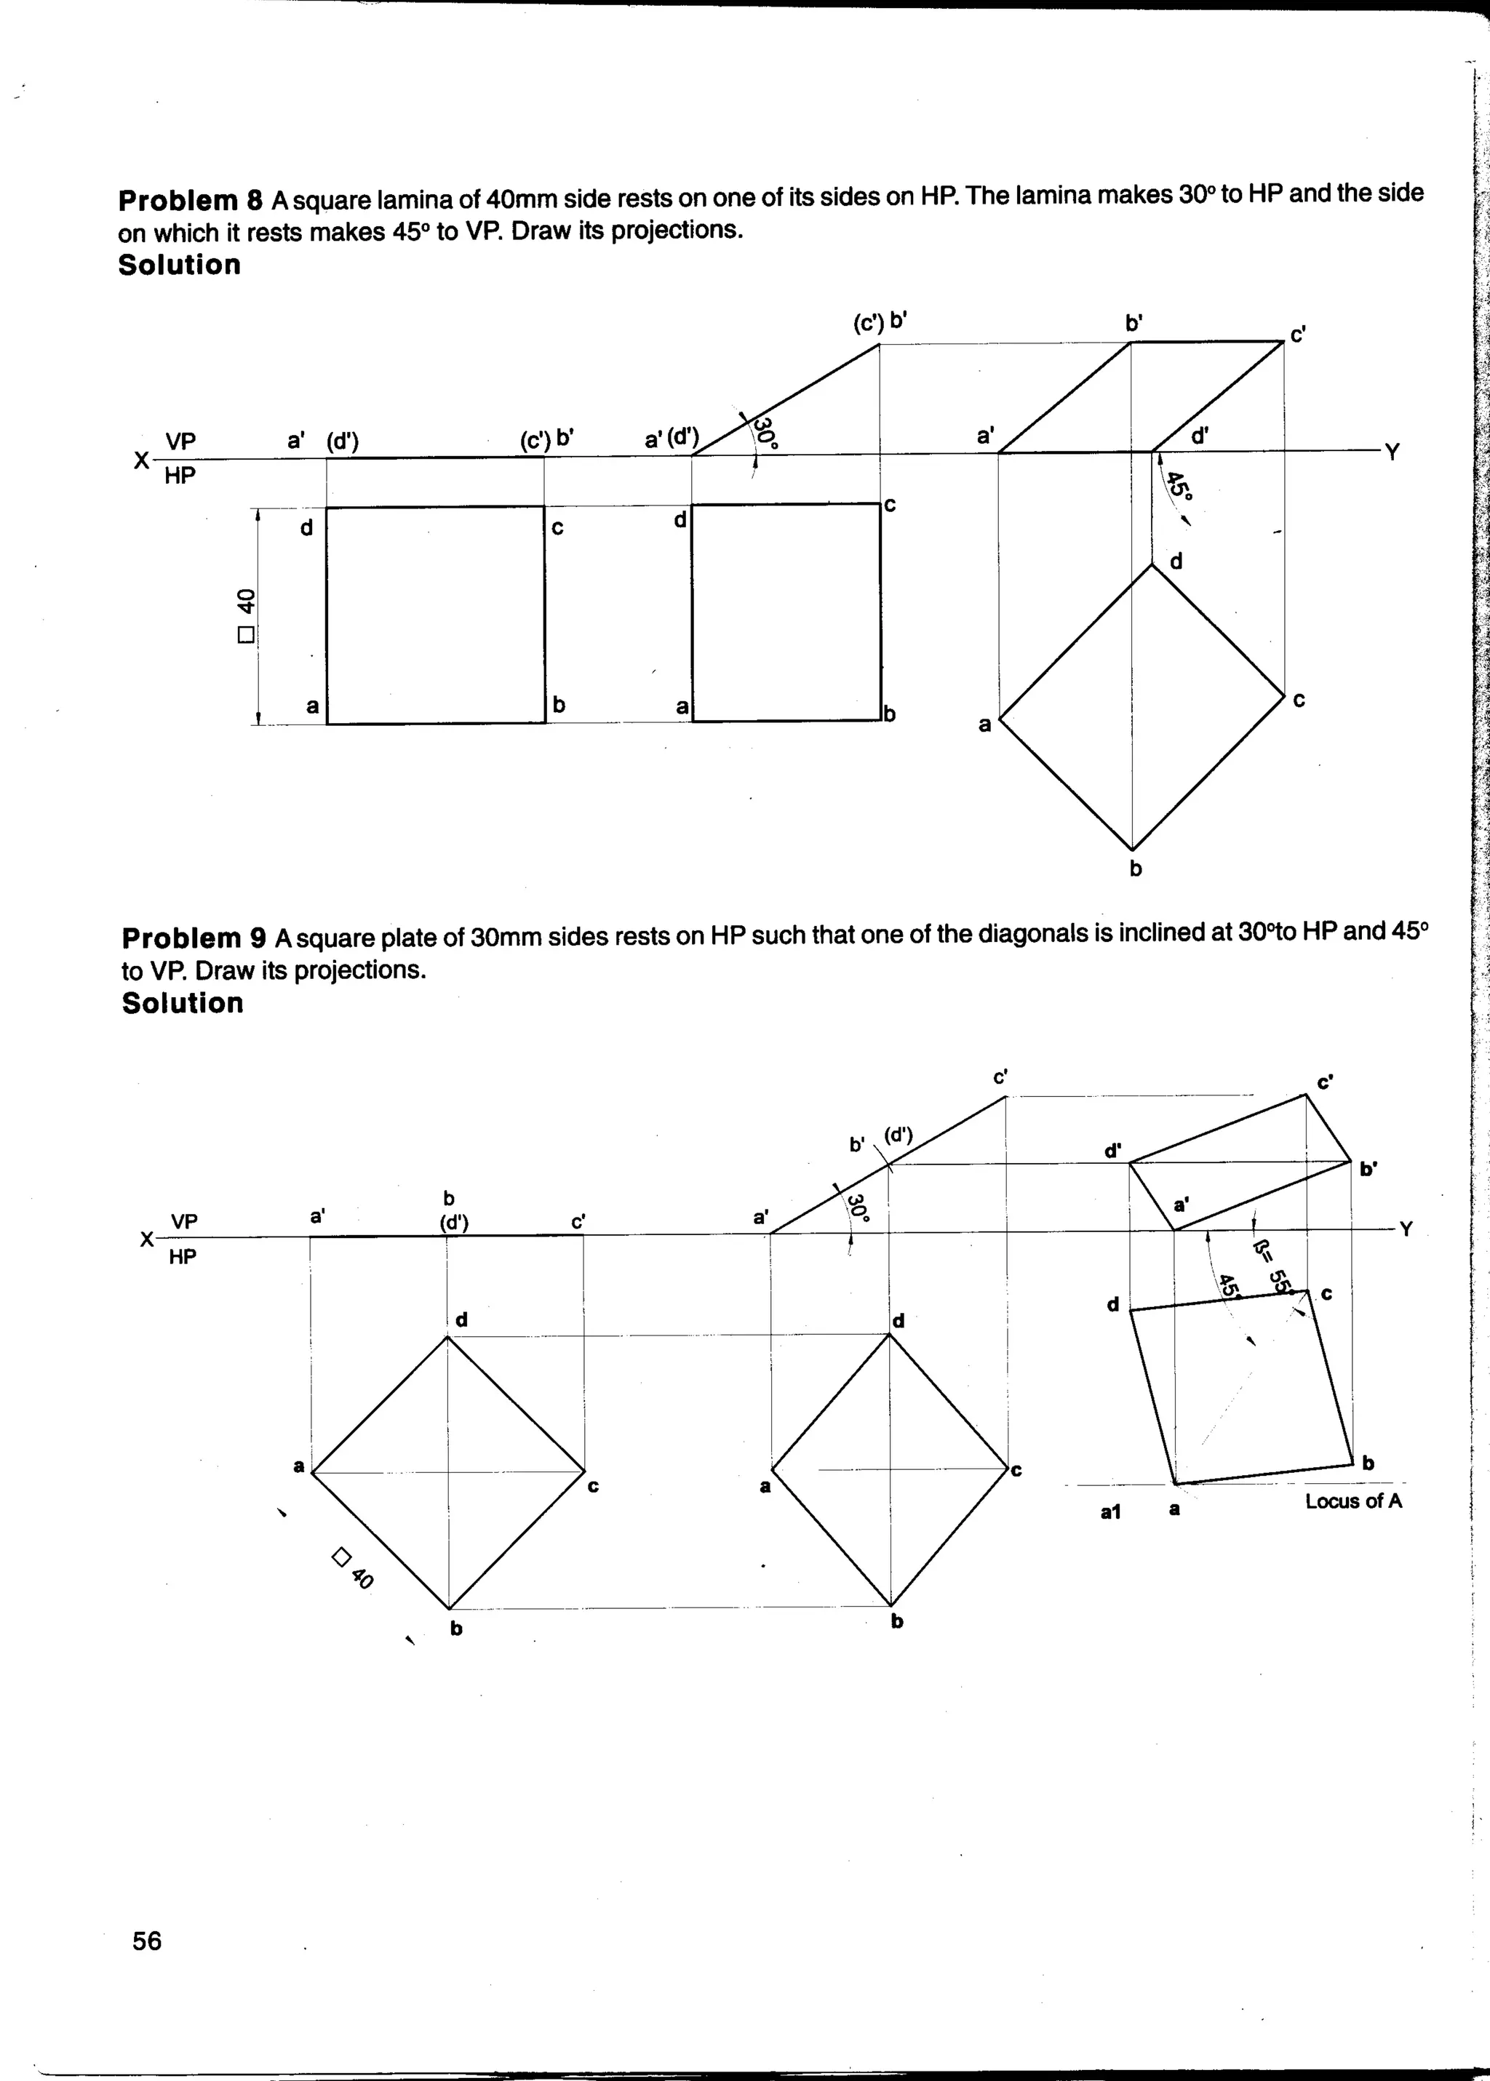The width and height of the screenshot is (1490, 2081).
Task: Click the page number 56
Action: pos(147,1941)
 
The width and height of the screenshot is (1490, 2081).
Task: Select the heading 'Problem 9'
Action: pos(194,938)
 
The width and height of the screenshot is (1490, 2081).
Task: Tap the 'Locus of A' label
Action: pos(1353,1501)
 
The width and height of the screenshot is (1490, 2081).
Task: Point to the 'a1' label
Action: pos(1110,1511)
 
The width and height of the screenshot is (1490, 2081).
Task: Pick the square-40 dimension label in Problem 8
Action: pos(245,615)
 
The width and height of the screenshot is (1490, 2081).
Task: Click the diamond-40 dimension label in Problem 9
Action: pos(354,1567)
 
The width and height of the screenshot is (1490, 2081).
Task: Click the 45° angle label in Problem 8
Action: pos(1178,486)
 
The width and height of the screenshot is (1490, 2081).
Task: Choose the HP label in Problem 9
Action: pos(183,1256)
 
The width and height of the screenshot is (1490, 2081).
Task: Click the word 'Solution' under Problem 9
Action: pos(183,1002)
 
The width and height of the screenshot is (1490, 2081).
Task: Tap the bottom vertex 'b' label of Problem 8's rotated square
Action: pos(1135,868)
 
